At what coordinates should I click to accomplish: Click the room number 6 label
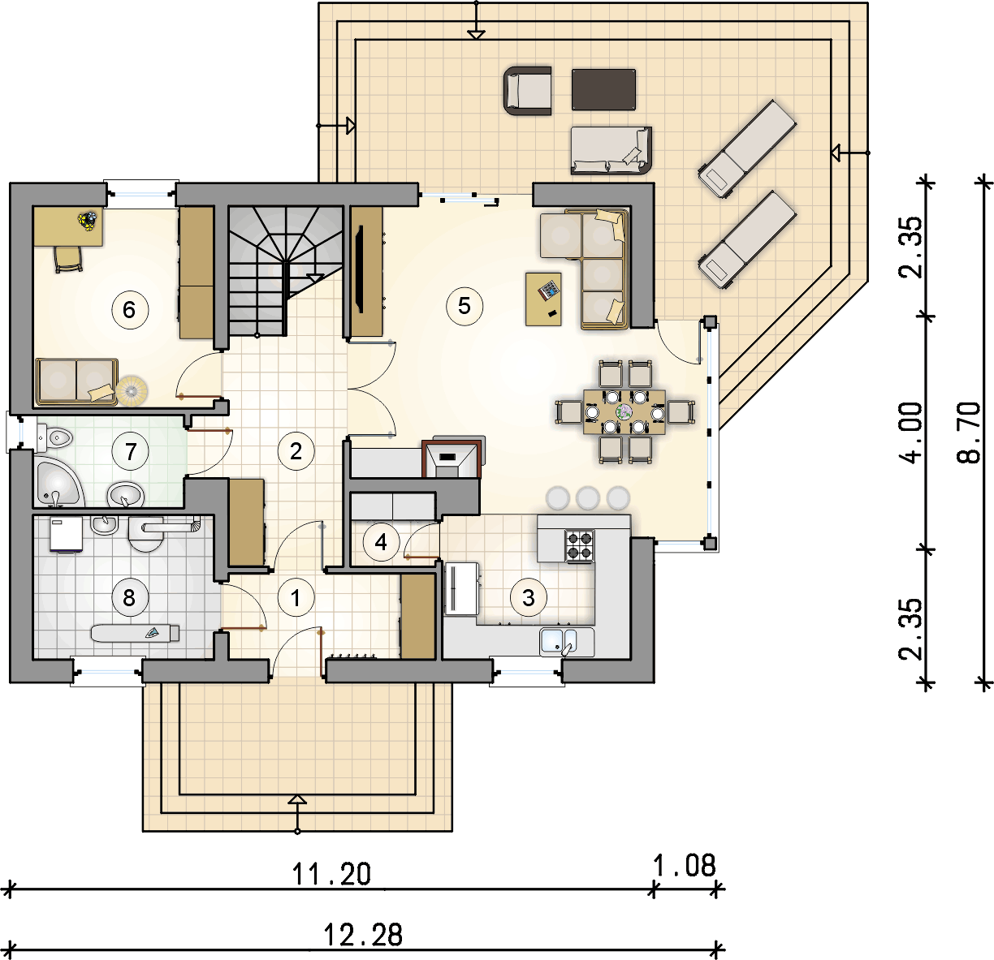point(130,310)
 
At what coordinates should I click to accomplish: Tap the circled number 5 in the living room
point(465,306)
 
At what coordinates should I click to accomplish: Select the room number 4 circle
point(381,542)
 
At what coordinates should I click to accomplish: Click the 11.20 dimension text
point(331,874)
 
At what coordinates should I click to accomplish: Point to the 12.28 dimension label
point(363,935)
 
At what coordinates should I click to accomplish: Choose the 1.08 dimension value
point(685,866)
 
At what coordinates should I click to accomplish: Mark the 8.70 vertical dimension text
point(969,433)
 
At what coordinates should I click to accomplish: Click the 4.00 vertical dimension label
point(910,433)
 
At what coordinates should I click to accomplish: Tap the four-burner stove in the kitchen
point(580,546)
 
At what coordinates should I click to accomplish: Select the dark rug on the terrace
point(603,89)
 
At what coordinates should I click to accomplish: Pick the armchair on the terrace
point(528,91)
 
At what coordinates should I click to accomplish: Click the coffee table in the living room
point(543,299)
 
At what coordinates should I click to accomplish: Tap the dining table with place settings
point(624,412)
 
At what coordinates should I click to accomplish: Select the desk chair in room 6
point(68,259)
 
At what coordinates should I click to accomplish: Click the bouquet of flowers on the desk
point(88,221)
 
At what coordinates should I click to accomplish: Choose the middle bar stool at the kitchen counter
point(588,497)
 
